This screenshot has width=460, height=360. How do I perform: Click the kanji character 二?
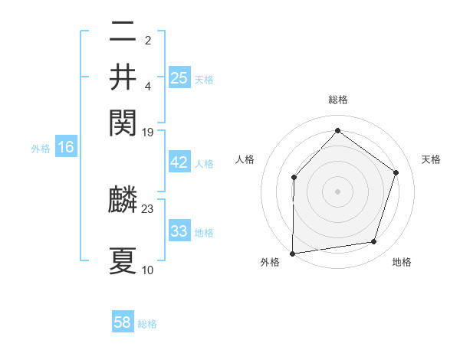click(123, 32)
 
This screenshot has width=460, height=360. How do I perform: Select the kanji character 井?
click(123, 77)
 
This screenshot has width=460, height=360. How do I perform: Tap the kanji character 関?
click(123, 120)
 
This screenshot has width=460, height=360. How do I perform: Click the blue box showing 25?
click(179, 77)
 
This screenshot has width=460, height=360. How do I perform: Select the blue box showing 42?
click(179, 162)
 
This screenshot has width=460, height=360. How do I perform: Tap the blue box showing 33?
click(179, 231)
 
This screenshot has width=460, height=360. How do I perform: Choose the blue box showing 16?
click(66, 147)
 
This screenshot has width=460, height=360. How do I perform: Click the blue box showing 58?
click(123, 322)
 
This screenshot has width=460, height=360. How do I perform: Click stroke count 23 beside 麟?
click(148, 208)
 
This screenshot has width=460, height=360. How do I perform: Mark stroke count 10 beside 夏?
click(148, 270)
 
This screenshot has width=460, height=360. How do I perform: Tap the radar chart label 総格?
click(337, 100)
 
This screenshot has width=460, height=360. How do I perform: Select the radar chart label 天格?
click(431, 159)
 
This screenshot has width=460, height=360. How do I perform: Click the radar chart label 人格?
click(245, 159)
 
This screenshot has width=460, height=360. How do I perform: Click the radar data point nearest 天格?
click(396, 172)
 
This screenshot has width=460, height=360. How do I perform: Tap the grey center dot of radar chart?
click(337, 191)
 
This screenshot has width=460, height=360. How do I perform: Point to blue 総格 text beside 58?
click(147, 324)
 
